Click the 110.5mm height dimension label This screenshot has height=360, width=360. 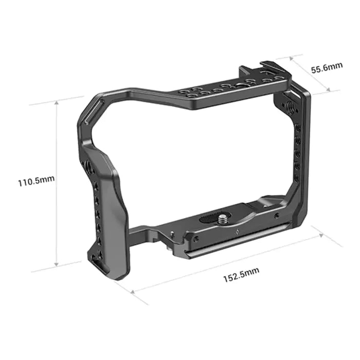36,182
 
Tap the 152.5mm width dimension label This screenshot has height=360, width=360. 241,279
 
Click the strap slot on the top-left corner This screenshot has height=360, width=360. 87,116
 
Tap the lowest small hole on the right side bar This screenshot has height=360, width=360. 296,177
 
